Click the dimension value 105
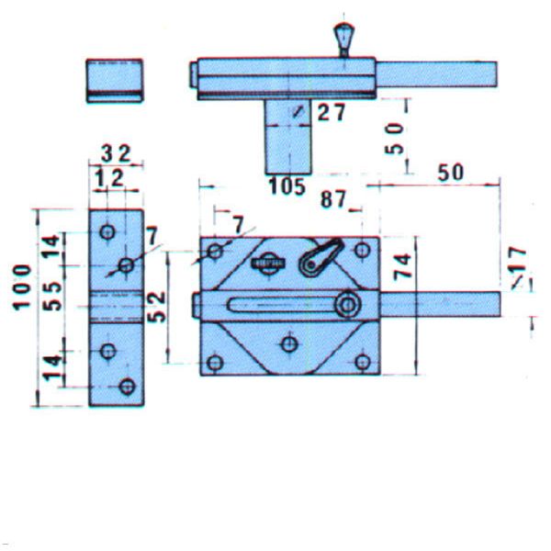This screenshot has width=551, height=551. click(287, 186)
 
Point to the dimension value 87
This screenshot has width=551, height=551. click(332, 199)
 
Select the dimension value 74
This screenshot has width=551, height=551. click(402, 266)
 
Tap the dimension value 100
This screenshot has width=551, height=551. click(22, 287)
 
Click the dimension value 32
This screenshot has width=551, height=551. click(116, 153)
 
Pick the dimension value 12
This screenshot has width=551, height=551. click(109, 178)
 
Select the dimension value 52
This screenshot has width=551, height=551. click(156, 307)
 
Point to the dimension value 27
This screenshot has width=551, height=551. click(332, 112)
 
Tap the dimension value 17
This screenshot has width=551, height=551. click(517, 259)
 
